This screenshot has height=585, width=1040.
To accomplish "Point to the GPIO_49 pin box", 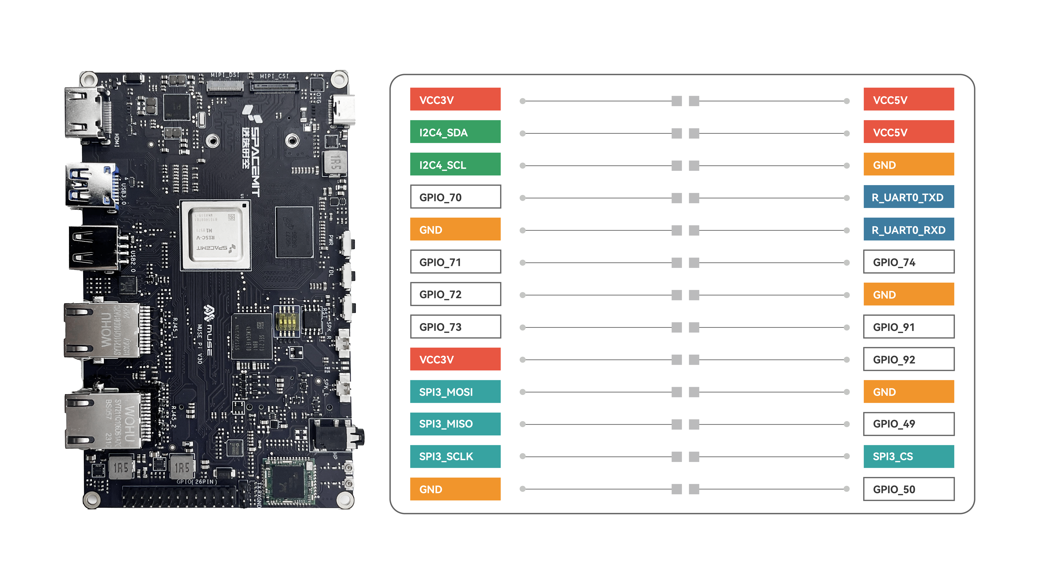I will pos(908,424).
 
